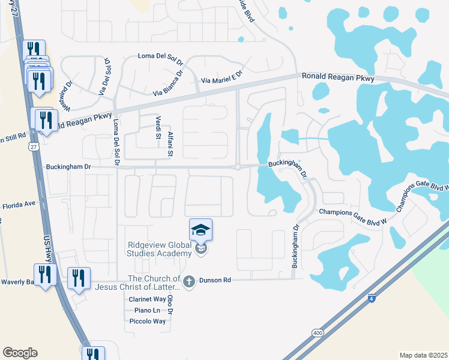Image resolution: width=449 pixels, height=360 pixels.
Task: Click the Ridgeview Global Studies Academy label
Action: [159, 249]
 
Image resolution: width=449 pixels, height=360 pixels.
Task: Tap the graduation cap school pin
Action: [201, 230]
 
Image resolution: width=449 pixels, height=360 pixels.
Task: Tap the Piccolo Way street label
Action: [147, 322]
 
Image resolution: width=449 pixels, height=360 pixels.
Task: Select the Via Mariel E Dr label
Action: [221, 77]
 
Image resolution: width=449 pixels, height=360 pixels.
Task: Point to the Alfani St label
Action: [170, 144]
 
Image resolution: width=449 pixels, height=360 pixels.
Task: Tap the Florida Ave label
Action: [19, 205]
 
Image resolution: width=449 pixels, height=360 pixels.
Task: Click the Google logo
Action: [20, 353]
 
